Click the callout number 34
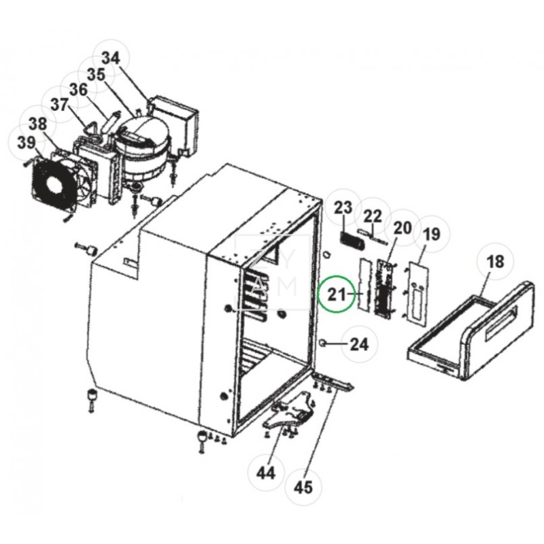tap(111, 58)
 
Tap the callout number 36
tap(78, 90)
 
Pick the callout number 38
tap(38, 124)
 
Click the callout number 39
tap(26, 142)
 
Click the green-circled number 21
tap(338, 295)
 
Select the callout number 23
tap(344, 206)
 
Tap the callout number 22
tap(373, 216)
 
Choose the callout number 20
tap(403, 227)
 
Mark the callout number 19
tap(432, 236)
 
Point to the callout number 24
tap(358, 344)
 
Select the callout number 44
tap(267, 472)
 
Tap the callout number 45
tap(303, 487)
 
